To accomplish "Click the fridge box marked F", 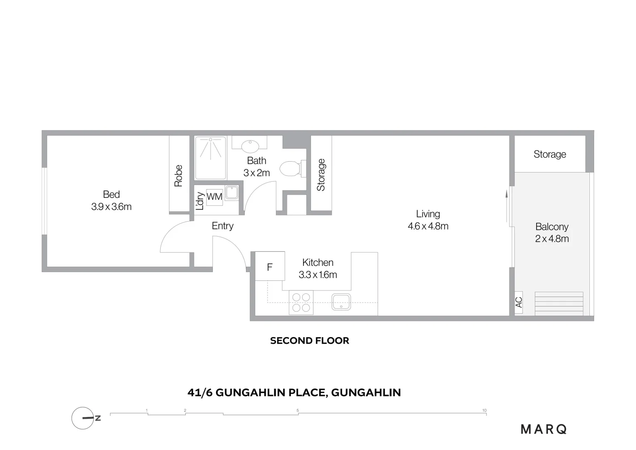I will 270,266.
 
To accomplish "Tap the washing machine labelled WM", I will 214,196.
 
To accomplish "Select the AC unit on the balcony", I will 519,302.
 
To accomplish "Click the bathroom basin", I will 250,146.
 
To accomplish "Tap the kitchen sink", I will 341,302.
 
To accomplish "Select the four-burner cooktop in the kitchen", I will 301,302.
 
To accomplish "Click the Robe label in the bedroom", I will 179,176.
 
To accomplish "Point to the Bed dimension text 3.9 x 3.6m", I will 112,207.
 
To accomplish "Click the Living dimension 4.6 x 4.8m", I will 428,226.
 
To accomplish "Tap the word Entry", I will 223,226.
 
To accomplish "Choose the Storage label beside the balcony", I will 550,154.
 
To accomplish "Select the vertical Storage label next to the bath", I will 321,175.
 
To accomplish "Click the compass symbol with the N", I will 83,418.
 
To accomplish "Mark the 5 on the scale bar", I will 298,410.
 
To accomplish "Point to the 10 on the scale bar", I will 484,410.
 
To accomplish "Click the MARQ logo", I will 544,429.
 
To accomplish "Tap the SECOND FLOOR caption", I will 310,341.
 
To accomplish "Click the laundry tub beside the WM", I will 231,193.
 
